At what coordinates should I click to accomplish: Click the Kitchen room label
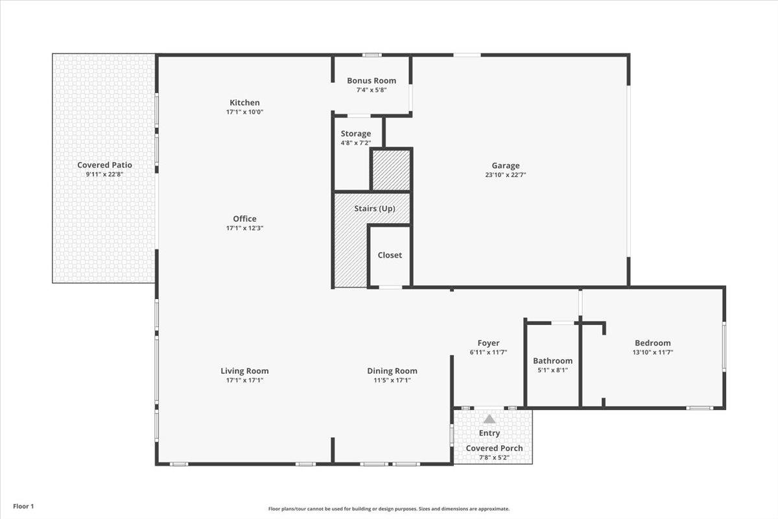244,103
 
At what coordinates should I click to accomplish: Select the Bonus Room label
371,80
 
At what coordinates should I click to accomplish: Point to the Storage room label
356,134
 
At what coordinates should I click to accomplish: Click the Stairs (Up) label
375,209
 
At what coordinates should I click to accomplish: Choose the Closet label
390,255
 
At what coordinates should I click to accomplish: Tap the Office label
244,219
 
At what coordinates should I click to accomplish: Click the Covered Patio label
104,165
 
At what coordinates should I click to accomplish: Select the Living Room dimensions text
244,380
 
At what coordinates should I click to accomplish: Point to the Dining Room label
392,371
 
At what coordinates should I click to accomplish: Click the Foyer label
488,343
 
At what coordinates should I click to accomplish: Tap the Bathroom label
552,361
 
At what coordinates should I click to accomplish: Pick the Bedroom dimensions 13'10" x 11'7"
652,352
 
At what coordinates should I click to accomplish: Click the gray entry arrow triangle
489,419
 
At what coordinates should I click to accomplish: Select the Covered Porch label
494,448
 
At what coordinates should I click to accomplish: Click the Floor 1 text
23,506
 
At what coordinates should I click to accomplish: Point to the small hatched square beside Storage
390,170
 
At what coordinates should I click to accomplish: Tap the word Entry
489,433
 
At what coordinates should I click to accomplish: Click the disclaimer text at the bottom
389,509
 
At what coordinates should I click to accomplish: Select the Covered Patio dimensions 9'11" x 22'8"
104,174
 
